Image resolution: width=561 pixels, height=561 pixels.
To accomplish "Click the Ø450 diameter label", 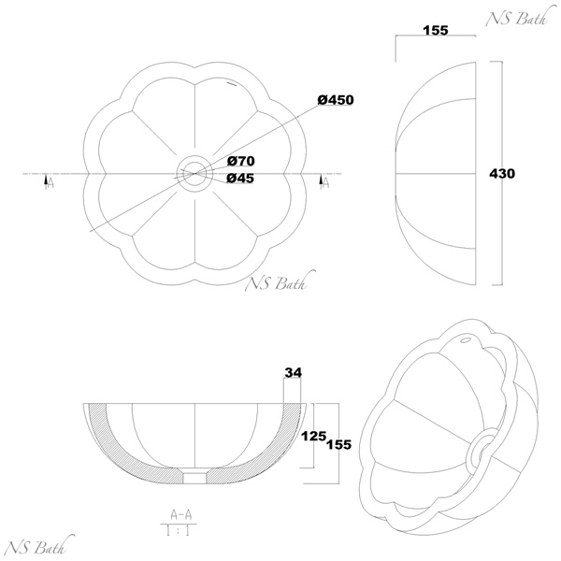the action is pyautogui.click(x=336, y=100).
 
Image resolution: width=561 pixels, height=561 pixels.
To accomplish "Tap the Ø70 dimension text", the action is pyautogui.click(x=241, y=162).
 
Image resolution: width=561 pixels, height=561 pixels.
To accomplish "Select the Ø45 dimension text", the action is pyautogui.click(x=240, y=179).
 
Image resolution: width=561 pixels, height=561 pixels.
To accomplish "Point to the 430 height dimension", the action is pyautogui.click(x=502, y=174).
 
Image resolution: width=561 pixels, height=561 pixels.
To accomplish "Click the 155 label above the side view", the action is pyautogui.click(x=436, y=31).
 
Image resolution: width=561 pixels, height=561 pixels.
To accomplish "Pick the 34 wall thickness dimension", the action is pyautogui.click(x=293, y=373).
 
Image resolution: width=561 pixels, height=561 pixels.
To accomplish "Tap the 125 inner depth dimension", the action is pyautogui.click(x=314, y=436).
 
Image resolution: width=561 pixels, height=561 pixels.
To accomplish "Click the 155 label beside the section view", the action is pyautogui.click(x=338, y=444).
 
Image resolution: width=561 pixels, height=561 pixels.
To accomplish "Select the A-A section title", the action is pyautogui.click(x=181, y=514).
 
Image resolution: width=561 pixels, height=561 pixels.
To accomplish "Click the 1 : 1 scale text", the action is pyautogui.click(x=179, y=530).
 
